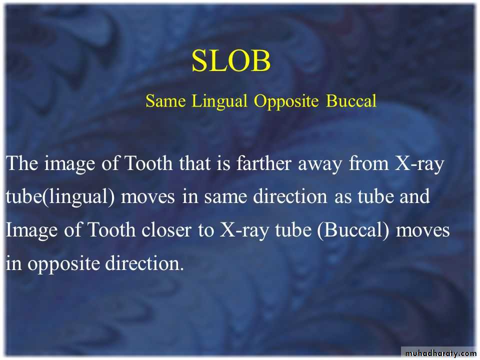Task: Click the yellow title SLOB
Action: (x=231, y=60)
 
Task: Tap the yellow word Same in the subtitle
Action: (x=165, y=100)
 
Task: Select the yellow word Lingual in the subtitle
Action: (x=219, y=101)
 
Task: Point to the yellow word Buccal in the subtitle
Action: (x=351, y=100)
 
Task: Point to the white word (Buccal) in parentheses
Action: (x=353, y=230)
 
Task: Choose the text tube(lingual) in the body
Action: (x=60, y=197)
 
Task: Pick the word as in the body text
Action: (x=342, y=198)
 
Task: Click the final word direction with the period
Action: (x=144, y=263)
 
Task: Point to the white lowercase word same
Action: (x=225, y=198)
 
